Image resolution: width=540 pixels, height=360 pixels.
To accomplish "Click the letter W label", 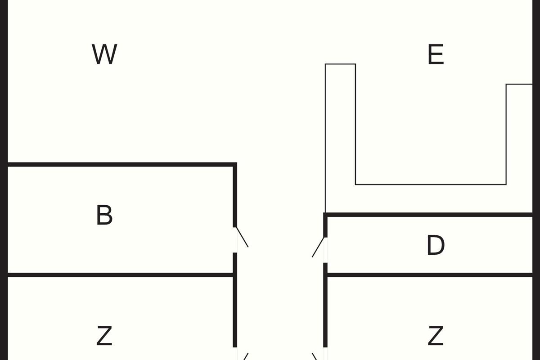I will coord(104,54).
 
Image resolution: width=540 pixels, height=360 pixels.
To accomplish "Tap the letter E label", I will coord(436,54).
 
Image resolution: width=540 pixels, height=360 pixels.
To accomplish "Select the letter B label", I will coord(104,215).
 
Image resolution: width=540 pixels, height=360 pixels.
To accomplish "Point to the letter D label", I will coord(435,246).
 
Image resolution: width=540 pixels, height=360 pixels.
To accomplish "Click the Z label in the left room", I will coord(104,336).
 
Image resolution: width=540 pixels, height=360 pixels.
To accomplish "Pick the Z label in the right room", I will coord(435,336).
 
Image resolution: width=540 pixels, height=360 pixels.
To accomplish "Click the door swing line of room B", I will coord(243,237).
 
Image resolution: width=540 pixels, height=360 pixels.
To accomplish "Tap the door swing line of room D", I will coord(318,247).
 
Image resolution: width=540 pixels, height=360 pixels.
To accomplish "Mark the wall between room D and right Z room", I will coord(430,274).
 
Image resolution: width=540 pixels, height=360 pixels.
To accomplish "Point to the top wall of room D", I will coord(430,215).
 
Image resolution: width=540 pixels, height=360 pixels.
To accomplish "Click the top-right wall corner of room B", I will coord(234,165).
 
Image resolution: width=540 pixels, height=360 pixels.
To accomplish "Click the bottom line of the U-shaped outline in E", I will coord(431,184).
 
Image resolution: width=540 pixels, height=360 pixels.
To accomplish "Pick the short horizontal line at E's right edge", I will coord(519,84).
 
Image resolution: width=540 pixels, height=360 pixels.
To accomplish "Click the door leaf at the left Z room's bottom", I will coord(245,356).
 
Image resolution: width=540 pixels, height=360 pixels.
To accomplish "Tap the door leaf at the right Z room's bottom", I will coord(315,356).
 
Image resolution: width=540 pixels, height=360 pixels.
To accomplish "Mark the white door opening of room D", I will coord(325,250).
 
